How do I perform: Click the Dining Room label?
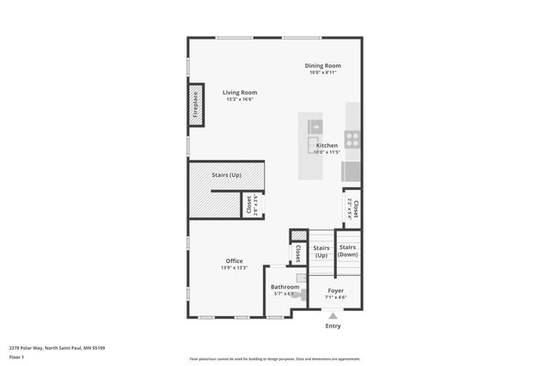point(323,65)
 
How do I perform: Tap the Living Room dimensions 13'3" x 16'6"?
point(240,100)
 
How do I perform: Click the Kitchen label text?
point(327,145)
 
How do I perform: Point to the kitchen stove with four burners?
point(352,137)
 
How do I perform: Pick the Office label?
point(234,261)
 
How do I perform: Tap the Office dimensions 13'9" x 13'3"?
point(234,268)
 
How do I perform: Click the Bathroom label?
point(284,287)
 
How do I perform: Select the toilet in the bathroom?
point(298,292)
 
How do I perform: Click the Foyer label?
point(335,290)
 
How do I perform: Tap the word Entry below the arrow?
point(333,326)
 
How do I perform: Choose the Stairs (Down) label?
point(348,251)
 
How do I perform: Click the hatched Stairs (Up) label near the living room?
point(226,175)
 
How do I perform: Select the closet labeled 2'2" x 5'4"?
point(352,207)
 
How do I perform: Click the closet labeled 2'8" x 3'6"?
point(252,204)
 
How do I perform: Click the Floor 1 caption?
point(16,357)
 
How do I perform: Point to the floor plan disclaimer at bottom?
point(275,359)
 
